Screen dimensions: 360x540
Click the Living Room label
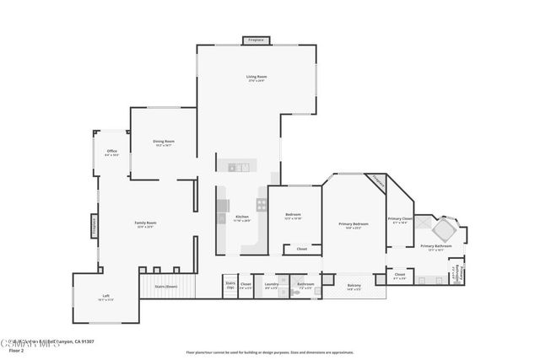click(x=256, y=78)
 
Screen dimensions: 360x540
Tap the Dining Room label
click(x=164, y=142)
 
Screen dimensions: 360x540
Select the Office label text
click(x=111, y=153)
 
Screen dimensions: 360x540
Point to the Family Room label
click(x=145, y=224)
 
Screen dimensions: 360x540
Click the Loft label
click(x=105, y=297)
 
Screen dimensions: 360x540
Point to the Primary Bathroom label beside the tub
click(x=435, y=247)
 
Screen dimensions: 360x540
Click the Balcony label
click(x=354, y=287)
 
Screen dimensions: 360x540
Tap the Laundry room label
click(x=271, y=285)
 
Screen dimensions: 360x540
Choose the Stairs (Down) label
click(x=165, y=287)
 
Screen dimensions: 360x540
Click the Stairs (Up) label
click(x=230, y=285)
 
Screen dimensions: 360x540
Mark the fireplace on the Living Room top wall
click(x=256, y=40)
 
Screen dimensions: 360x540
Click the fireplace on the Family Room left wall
click(x=94, y=228)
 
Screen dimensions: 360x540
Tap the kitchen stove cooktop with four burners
click(x=262, y=204)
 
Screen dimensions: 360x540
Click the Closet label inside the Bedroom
click(x=301, y=250)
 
